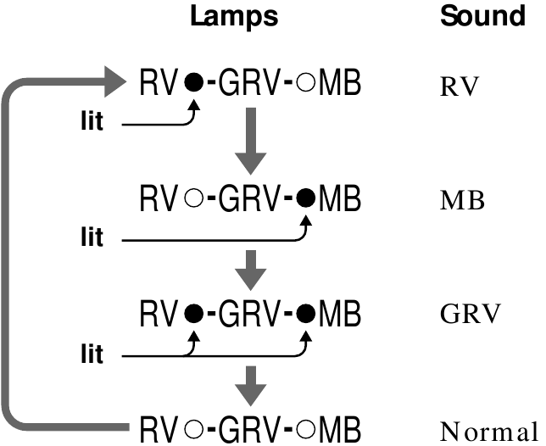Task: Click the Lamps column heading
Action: click(x=233, y=15)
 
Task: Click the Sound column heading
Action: click(x=482, y=15)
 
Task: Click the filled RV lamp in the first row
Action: click(x=194, y=83)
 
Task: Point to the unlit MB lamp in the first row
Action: click(x=307, y=83)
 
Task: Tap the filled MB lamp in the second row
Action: click(x=307, y=200)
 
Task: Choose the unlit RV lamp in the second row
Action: click(x=194, y=200)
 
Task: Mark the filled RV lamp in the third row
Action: click(x=194, y=313)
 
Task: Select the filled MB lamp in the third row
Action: click(x=307, y=313)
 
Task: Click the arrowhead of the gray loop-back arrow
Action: click(x=115, y=82)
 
